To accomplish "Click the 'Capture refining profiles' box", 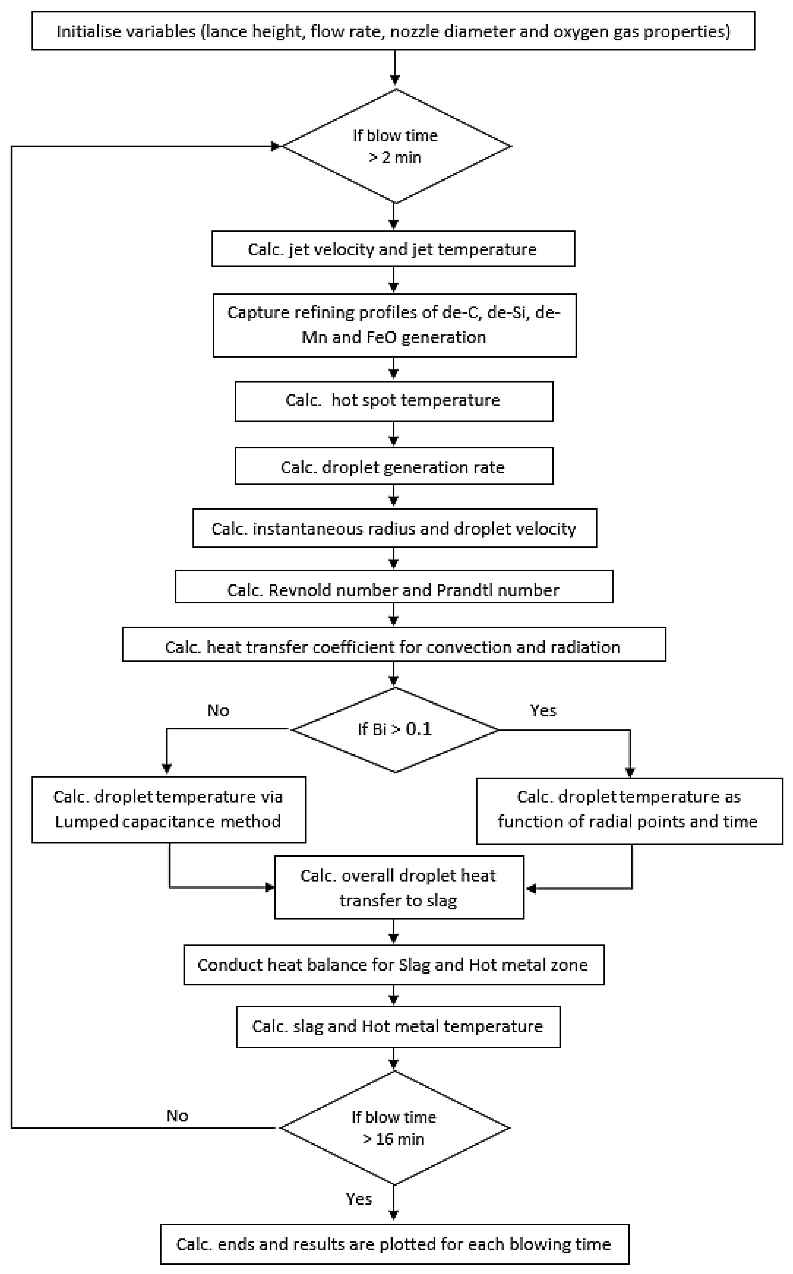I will click(394, 325).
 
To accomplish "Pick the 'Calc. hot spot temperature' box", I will click(393, 401).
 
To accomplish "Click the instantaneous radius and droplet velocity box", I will click(394, 528).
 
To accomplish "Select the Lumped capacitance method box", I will click(168, 809).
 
